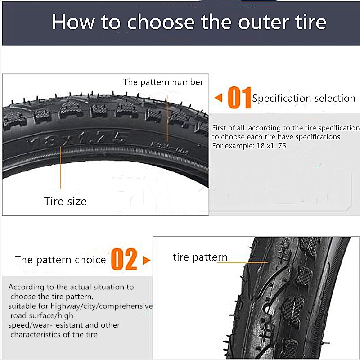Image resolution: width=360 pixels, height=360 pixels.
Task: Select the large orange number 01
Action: tap(238, 98)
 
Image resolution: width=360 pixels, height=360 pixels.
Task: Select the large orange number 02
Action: tap(124, 260)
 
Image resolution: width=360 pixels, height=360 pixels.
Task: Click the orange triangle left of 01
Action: tap(218, 98)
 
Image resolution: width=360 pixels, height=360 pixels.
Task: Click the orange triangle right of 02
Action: tap(146, 260)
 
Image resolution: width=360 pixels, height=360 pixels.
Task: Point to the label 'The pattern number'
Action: tap(163, 82)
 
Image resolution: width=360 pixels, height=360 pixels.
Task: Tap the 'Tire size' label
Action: tap(65, 201)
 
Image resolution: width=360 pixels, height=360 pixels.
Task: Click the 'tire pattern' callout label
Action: tap(200, 257)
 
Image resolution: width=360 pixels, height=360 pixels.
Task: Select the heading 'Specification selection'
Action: tap(304, 98)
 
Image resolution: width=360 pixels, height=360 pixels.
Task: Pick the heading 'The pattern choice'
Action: tap(60, 260)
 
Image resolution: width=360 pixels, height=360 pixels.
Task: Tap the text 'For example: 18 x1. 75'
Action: tap(250, 146)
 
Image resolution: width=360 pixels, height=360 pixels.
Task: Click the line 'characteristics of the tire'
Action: tap(54, 334)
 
